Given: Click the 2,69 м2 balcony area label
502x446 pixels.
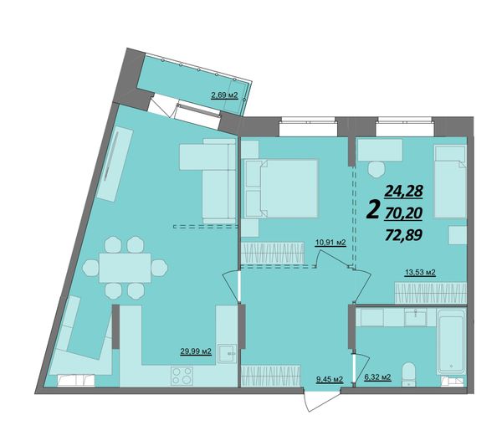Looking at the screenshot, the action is pyautogui.click(x=224, y=95).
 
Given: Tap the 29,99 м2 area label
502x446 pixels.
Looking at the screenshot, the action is pyautogui.click(x=196, y=351).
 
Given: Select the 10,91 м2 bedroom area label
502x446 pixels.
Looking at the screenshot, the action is pyautogui.click(x=330, y=243).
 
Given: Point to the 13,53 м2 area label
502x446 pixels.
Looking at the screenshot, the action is pyautogui.click(x=420, y=273).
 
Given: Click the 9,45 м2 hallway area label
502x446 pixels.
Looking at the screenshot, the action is pyautogui.click(x=330, y=379).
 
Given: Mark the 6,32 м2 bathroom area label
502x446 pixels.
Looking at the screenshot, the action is pyautogui.click(x=377, y=377).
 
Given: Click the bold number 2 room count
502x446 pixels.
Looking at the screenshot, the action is pyautogui.click(x=372, y=208).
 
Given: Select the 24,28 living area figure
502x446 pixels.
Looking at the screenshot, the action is pyautogui.click(x=404, y=192).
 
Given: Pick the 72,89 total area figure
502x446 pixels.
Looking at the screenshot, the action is pyautogui.click(x=403, y=235).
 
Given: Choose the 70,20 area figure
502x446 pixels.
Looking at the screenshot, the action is pyautogui.click(x=403, y=213).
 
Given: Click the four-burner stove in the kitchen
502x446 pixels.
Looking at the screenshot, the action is pyautogui.click(x=182, y=376).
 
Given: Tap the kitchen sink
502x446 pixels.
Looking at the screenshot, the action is pyautogui.click(x=227, y=353).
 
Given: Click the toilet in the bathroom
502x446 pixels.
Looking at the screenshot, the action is pyautogui.click(x=408, y=374).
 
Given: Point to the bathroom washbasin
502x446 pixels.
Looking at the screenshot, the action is pyautogui.click(x=415, y=317).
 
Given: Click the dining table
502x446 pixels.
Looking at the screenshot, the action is pyautogui.click(x=125, y=268).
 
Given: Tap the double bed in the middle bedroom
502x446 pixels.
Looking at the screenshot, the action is pyautogui.click(x=281, y=188).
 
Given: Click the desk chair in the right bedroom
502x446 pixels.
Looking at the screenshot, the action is pyautogui.click(x=376, y=169).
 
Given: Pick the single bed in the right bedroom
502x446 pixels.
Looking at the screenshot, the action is pyautogui.click(x=450, y=182).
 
